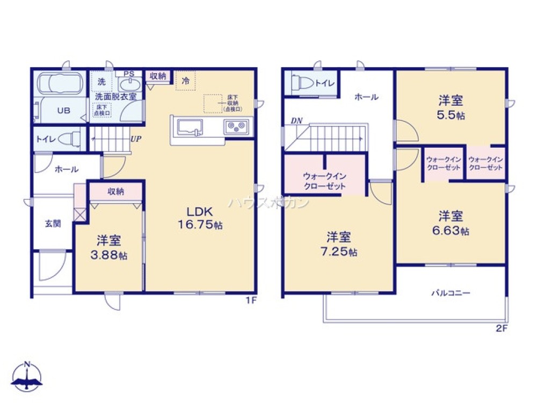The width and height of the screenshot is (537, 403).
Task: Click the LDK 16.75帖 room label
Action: (200, 218)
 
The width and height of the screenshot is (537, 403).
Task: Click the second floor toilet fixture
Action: (299, 84)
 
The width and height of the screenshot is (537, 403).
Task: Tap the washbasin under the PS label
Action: (128, 85)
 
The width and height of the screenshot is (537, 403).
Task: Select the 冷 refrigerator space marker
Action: (185, 81)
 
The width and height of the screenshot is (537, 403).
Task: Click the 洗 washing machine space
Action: (101, 82)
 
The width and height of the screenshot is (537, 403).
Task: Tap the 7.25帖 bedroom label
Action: (339, 251)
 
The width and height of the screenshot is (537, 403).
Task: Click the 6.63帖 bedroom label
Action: (451, 231)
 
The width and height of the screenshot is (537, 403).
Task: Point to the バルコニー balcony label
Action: (451, 293)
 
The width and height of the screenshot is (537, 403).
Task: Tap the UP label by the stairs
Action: (135, 138)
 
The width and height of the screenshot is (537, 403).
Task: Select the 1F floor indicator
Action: (251, 301)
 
